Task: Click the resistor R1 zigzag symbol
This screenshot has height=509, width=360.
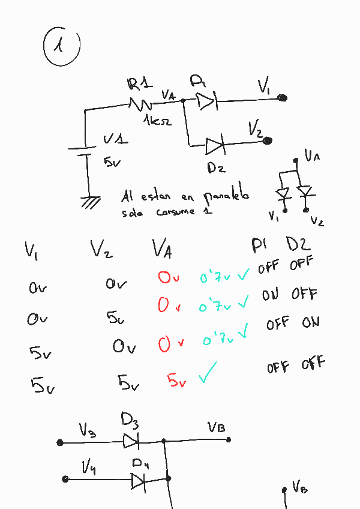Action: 142,104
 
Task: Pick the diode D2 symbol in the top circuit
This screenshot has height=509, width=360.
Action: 214,146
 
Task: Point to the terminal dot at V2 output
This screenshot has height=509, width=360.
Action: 268,141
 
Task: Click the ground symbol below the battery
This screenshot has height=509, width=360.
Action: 90,202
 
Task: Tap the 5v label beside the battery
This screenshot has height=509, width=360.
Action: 112,161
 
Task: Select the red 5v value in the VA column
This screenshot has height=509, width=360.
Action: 176,381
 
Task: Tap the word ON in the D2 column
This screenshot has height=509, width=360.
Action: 311,323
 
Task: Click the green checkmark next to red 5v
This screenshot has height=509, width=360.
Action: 207,373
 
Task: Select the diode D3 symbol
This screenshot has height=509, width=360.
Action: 131,442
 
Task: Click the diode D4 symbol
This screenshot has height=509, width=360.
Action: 138,480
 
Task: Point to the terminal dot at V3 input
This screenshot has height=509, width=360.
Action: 60,443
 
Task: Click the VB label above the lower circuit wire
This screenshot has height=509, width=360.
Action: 217,427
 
